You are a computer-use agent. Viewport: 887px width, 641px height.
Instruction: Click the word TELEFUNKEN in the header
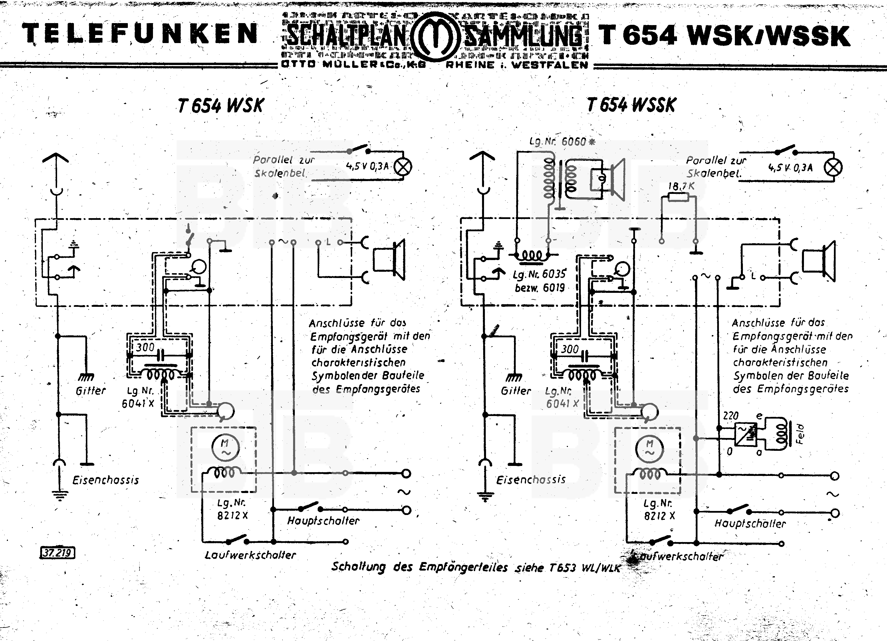coord(140,34)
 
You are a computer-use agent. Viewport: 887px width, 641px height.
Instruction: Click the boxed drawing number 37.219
coord(57,553)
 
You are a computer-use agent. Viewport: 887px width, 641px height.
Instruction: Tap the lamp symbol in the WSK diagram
coord(402,167)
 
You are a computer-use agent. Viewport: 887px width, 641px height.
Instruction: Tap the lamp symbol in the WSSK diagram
coord(833,168)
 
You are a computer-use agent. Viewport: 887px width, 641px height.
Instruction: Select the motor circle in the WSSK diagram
coord(650,448)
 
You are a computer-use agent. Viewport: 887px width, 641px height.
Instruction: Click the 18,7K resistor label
coord(681,186)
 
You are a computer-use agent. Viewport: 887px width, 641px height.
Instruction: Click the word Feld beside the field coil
coord(800,434)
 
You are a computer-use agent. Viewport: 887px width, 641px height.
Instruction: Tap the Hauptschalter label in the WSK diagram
coord(323,521)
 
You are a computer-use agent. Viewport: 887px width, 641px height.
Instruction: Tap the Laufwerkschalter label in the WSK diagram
coord(250,555)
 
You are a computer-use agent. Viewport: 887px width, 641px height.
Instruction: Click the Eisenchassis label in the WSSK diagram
coord(531,480)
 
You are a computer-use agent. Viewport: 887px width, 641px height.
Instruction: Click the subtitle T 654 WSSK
coord(631,105)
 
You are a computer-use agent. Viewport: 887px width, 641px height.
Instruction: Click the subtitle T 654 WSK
coord(221,106)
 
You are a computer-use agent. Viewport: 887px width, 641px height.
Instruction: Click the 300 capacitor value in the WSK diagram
coord(145,347)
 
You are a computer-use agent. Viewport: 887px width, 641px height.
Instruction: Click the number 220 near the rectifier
coord(731,415)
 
